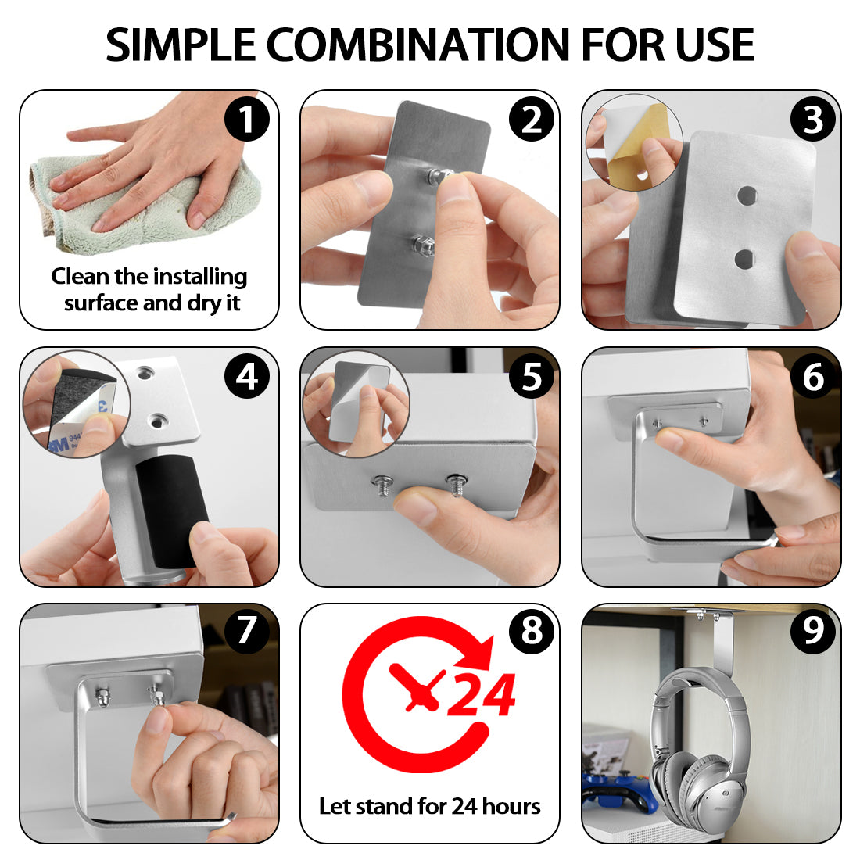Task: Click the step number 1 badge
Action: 247,119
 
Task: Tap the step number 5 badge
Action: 532,377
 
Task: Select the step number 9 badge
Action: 813,631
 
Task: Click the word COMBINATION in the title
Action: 419,45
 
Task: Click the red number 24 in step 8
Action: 482,695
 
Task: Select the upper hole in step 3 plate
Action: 747,195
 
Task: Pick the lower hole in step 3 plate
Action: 744,259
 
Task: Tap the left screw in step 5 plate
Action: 382,485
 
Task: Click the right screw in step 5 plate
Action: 457,484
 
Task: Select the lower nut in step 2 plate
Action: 424,245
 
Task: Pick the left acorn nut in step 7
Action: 102,697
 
